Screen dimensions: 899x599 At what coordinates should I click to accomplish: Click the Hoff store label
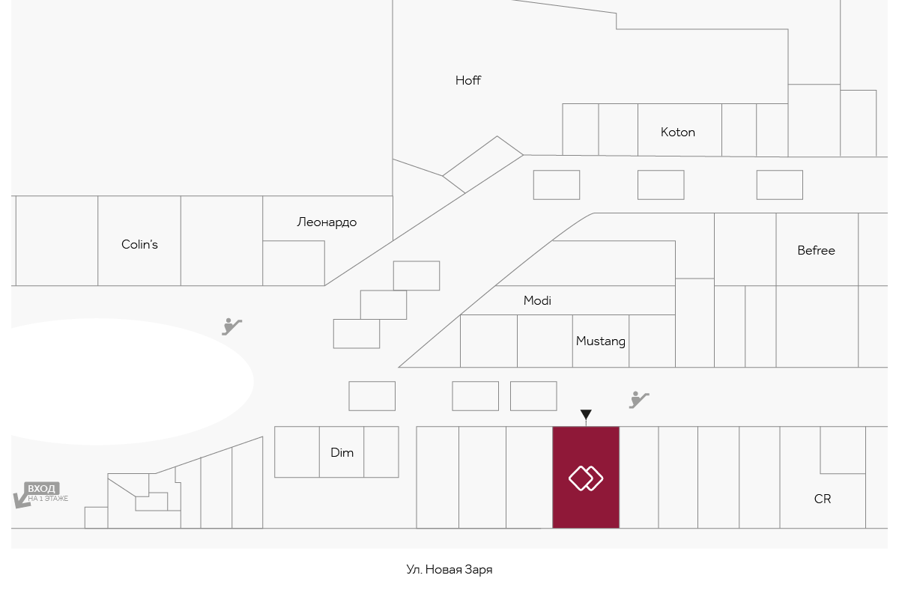tap(468, 81)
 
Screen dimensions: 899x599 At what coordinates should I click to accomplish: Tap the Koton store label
tap(677, 132)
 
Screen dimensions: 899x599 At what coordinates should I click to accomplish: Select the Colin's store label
tap(139, 244)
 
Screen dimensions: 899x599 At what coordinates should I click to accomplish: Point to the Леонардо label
tap(327, 222)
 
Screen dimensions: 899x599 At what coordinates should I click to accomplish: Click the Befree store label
tap(816, 250)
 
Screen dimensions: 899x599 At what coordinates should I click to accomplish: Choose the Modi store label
tap(537, 300)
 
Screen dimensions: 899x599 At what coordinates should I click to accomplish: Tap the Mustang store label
tap(600, 341)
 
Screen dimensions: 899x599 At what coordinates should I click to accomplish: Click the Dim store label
tap(342, 452)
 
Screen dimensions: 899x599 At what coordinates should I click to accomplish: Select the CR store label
tap(823, 499)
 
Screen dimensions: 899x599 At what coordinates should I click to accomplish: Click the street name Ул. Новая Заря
tap(449, 569)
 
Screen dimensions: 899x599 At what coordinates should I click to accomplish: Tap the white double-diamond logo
tap(586, 478)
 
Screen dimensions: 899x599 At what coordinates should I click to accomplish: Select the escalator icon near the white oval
tap(232, 326)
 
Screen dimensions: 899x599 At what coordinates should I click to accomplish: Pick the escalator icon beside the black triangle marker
tap(639, 400)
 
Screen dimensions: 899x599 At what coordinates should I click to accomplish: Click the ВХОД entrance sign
tap(42, 488)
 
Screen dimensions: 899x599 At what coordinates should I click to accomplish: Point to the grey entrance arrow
tap(22, 501)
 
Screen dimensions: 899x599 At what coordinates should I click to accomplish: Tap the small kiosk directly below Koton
tap(661, 185)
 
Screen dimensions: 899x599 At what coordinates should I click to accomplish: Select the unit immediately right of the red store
tap(638, 478)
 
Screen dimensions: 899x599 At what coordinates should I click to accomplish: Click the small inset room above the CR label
tap(843, 450)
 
